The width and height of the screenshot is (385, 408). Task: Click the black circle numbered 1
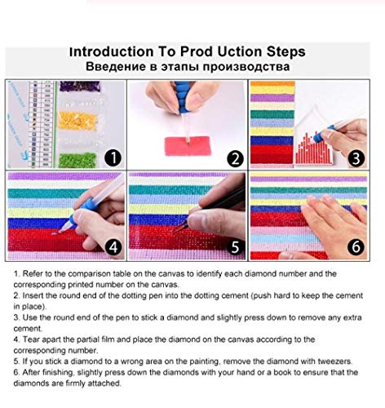tap(113, 158)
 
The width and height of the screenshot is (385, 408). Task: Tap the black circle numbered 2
tap(235, 159)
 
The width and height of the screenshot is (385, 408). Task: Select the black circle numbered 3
tap(356, 158)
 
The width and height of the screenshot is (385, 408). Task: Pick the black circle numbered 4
tap(113, 247)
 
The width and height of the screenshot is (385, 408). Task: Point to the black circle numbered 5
tap(235, 247)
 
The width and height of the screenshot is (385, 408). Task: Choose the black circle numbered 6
tap(356, 246)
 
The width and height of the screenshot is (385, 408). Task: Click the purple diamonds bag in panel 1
tap(80, 86)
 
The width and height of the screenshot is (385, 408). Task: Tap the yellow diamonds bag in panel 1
tap(77, 120)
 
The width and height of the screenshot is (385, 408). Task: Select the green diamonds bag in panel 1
tap(77, 160)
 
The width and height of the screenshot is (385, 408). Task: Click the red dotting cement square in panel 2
tap(188, 146)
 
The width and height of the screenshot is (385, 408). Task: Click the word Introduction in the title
tap(112, 51)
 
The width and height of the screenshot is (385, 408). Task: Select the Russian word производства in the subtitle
tap(246, 67)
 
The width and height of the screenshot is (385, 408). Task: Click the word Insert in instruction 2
tap(33, 295)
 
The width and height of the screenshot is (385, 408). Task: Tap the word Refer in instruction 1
tap(32, 273)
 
